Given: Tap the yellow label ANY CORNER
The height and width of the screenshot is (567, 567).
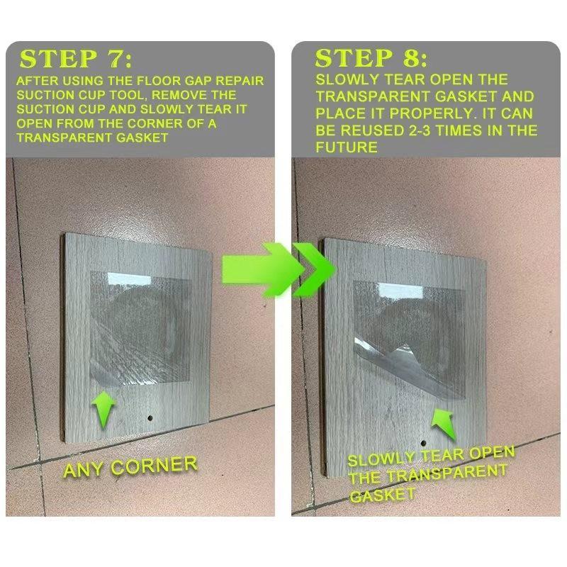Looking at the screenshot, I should click(x=130, y=466).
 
